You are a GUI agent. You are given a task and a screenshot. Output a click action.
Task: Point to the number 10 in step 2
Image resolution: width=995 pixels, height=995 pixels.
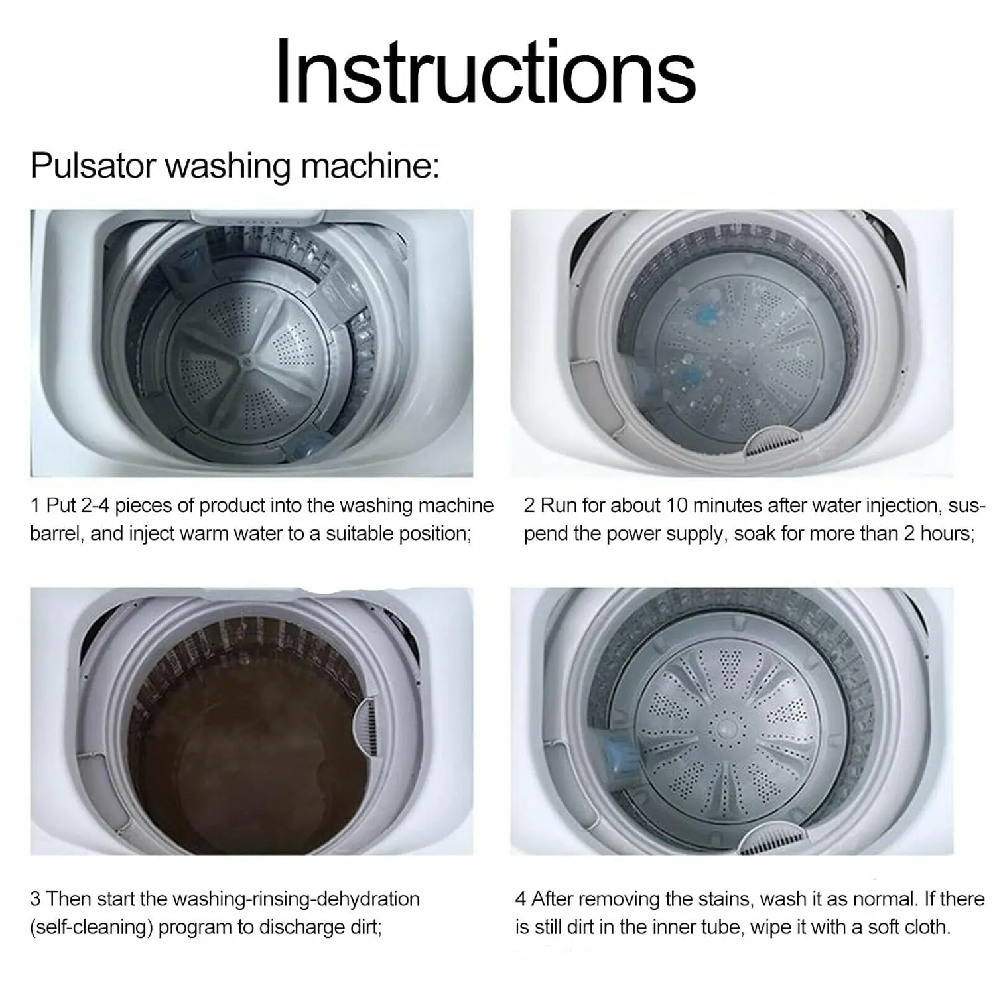click(677, 505)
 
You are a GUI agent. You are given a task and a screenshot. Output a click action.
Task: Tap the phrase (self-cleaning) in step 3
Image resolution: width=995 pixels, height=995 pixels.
click(90, 927)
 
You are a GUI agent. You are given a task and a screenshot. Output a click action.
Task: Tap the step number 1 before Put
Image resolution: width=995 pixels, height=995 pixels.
click(35, 505)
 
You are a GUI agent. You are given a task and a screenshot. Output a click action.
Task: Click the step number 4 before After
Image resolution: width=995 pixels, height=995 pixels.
click(521, 899)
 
